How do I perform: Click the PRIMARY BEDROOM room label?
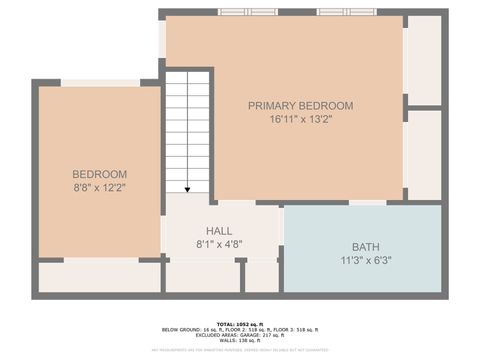tap(300, 106)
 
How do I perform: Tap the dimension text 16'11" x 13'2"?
tap(300, 119)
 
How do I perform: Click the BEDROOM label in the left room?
tap(99, 173)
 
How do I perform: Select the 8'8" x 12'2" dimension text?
tap(99, 186)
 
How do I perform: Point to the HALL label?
tap(220, 230)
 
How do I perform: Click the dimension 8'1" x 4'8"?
tap(220, 243)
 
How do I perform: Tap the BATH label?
tap(365, 247)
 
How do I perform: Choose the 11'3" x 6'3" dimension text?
tap(365, 260)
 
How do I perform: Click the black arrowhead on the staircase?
tap(187, 188)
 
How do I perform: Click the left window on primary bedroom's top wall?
tap(248, 12)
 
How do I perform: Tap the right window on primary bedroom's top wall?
tap(346, 12)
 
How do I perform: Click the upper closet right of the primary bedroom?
tap(423, 58)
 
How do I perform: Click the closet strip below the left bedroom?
tap(99, 277)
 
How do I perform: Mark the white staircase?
tap(187, 130)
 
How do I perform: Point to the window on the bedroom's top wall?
tap(100, 83)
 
